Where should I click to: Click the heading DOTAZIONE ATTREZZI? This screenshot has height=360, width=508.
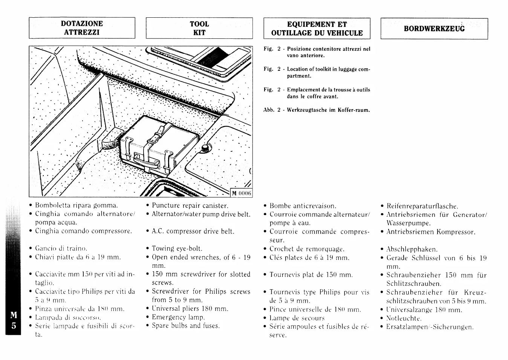pos(82,28)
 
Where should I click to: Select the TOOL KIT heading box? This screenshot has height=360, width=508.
pos(199,28)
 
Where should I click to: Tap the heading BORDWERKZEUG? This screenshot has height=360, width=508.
pos(434,29)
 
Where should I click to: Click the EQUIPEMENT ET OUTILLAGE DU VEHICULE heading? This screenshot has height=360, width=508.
pos(317,29)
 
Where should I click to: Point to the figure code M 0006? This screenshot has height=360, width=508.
pos(241,193)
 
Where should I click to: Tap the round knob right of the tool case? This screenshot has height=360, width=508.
pos(206,147)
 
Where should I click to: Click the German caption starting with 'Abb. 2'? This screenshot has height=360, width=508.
pos(317,110)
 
